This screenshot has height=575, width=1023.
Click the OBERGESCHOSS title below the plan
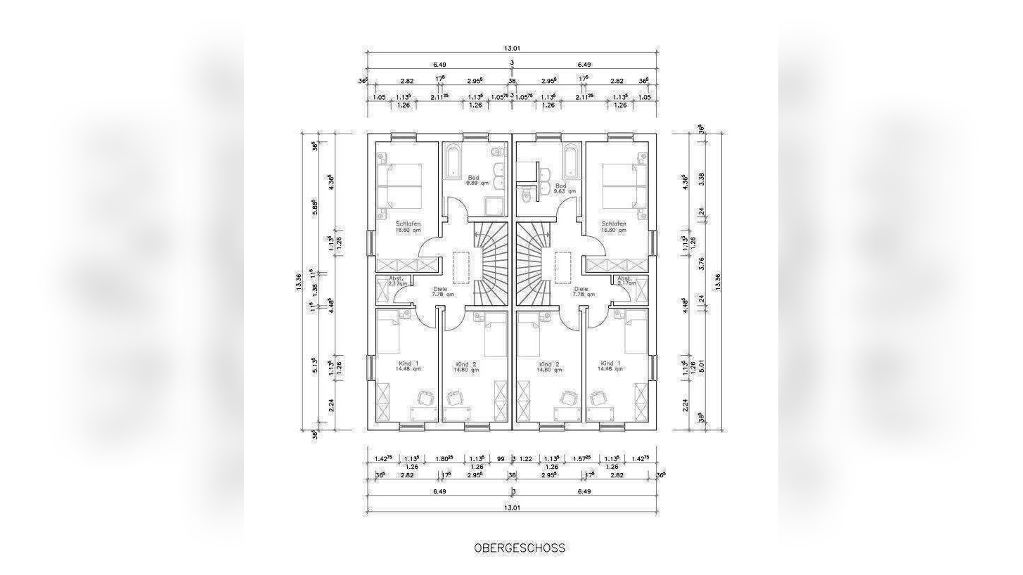pos(519,548)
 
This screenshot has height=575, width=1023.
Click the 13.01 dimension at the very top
pos(512,49)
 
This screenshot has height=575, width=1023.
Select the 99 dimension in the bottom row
pos(501,459)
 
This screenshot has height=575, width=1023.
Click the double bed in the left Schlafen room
pos(399,186)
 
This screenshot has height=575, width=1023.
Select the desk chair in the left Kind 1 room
pos(426,398)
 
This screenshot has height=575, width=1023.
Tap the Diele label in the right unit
pos(581,289)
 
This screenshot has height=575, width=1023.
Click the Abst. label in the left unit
pos(396,278)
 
